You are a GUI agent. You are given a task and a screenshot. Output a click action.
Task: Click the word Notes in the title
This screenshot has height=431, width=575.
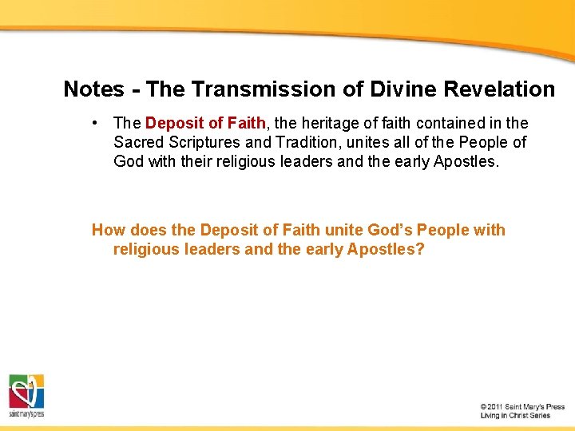[x=93, y=89]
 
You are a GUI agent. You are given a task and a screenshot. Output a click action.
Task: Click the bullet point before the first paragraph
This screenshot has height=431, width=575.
[x=95, y=123]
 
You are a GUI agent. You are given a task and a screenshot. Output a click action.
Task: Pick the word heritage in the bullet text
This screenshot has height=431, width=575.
[x=331, y=123]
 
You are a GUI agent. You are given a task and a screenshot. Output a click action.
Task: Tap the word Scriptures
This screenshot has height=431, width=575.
[x=203, y=142]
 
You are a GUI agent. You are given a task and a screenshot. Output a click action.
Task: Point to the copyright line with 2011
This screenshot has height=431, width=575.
[x=522, y=407]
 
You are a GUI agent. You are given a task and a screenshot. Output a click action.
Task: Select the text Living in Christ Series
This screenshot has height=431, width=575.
[x=515, y=416]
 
